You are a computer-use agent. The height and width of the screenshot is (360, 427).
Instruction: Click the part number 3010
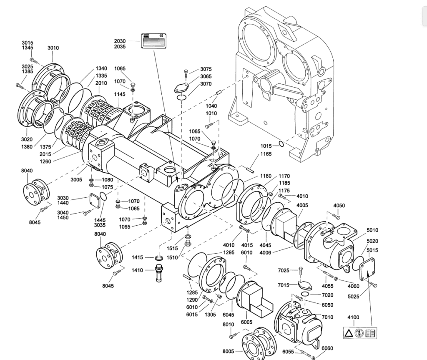point(53,48)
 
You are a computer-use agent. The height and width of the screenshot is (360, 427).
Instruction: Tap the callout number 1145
point(120,95)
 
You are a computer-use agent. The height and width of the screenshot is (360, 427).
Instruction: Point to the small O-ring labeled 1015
point(281,145)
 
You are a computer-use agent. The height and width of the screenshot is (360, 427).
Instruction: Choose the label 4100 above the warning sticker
point(353,317)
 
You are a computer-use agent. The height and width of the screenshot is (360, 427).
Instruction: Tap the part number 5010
point(372,230)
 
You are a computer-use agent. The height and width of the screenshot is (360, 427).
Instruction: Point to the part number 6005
point(247,322)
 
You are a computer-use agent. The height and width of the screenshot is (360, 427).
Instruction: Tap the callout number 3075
point(206,69)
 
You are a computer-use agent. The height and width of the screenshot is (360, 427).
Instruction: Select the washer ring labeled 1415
point(159,257)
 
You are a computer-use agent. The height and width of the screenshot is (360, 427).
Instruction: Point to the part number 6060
point(327,348)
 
